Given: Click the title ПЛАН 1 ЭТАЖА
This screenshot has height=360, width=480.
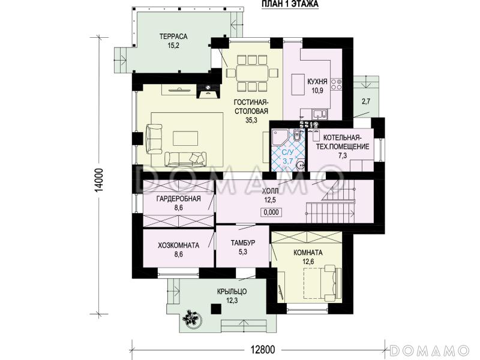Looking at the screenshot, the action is pos(290,4).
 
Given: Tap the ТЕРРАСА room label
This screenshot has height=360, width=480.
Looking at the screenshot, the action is pos(173,37).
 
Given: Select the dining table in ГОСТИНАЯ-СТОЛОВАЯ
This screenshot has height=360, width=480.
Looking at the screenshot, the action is pos(252,73).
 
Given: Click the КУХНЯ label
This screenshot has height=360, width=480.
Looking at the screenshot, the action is pos(317,82).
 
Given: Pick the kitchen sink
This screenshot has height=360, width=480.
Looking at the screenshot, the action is pos(320,115).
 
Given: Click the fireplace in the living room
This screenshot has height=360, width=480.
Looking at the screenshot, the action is pos(208,91).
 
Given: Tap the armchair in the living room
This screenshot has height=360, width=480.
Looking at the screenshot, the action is pos(154,139).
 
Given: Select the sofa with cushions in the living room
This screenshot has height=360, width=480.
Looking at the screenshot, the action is pos(185,160).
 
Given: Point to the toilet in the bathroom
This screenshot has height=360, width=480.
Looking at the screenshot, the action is pos(296,135).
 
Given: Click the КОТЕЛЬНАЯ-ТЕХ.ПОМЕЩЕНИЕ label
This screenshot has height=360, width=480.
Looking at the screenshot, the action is pos(342,142).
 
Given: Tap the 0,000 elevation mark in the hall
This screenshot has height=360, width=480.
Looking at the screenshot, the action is pos(271,212).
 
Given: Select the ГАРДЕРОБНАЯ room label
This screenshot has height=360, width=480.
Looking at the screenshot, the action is pos(178,199).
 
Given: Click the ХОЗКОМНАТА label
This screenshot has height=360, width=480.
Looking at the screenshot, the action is pos(178,245).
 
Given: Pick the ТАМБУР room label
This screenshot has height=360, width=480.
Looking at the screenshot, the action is pos(243,243).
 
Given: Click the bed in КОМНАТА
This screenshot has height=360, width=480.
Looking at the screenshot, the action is pos(322,283).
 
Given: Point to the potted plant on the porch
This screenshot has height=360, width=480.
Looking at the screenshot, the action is pos(191,319).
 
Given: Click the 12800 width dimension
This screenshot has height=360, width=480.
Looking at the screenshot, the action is pos(263,349).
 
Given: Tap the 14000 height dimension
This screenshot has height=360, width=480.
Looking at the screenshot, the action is pos(99,181).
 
